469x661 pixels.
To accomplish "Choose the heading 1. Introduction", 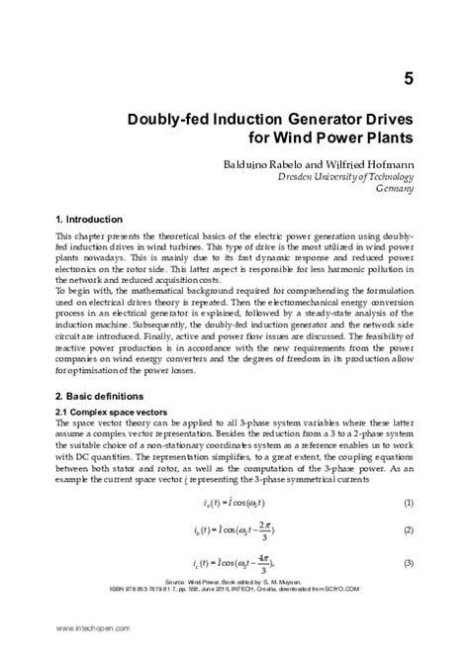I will [x=90, y=218].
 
